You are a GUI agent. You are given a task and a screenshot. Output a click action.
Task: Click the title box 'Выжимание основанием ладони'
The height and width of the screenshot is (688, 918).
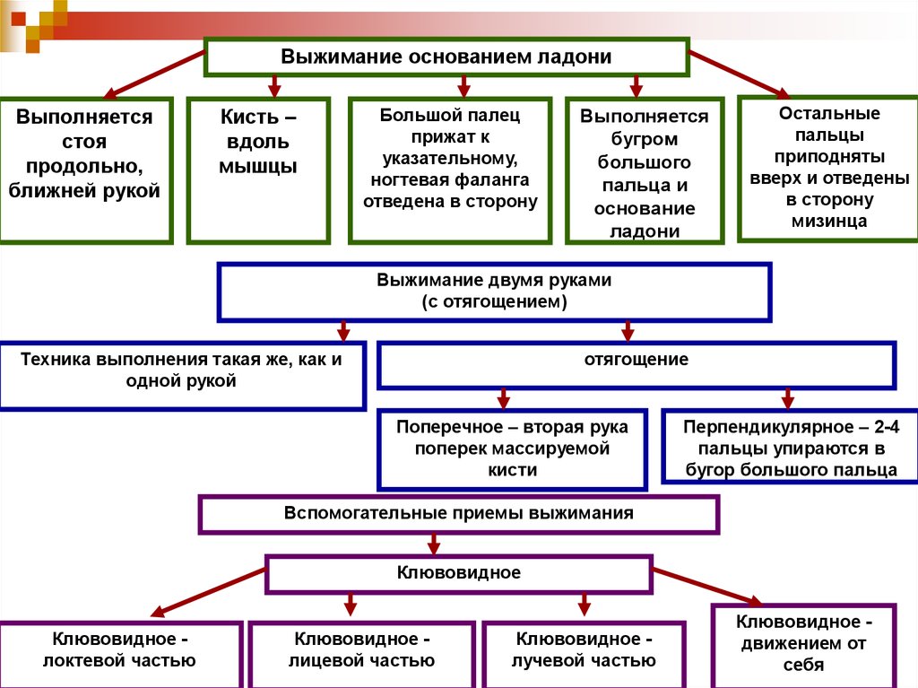(446, 57)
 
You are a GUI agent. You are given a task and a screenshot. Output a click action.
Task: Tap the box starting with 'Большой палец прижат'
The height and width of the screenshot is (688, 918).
(449, 170)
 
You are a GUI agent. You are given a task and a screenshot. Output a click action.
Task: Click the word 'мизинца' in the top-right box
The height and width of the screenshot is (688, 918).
(829, 221)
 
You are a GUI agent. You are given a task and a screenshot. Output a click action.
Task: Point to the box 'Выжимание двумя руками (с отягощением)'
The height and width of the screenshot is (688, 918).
(494, 292)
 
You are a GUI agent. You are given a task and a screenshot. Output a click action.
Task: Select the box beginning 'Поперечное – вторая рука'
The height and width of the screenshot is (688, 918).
(512, 448)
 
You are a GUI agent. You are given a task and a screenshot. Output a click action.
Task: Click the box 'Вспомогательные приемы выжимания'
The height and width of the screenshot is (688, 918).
(458, 515)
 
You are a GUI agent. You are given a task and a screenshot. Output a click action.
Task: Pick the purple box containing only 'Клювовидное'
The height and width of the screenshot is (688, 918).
(458, 572)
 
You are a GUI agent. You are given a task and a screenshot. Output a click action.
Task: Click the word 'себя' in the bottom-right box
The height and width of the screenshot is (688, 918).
(802, 665)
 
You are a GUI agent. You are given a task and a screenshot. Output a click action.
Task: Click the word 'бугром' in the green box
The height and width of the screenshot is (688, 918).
(644, 140)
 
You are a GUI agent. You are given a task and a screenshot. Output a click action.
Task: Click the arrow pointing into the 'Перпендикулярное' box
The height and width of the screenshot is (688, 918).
(788, 397)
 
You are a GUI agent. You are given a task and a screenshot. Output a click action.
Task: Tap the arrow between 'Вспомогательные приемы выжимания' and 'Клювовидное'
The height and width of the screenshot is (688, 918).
(434, 544)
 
